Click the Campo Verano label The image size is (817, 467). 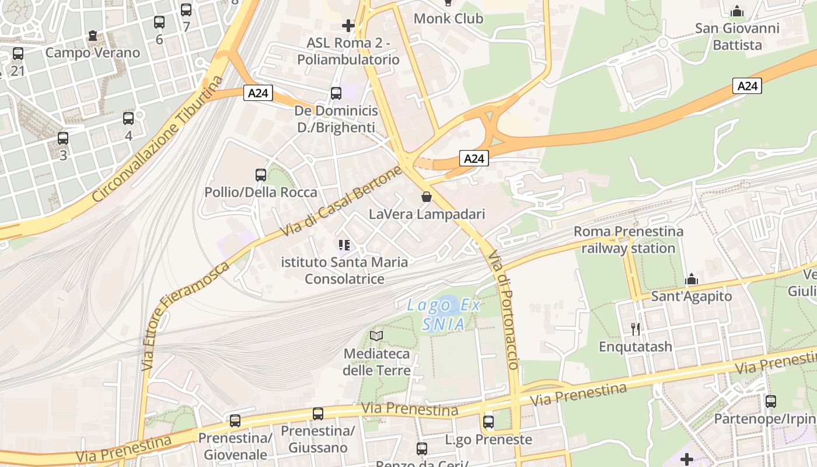(93, 53)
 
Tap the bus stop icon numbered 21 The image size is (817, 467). (18, 54)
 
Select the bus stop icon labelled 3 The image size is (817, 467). (63, 138)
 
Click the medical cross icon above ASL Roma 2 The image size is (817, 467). (348, 25)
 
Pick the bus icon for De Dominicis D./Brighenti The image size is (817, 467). (336, 93)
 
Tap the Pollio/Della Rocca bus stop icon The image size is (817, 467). (261, 175)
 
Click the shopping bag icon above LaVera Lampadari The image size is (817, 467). (427, 197)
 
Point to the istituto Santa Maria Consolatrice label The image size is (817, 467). (344, 270)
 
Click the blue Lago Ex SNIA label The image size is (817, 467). (444, 314)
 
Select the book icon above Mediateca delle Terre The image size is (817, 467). (376, 336)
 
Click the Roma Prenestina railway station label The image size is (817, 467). (628, 240)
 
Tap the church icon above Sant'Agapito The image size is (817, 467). (692, 279)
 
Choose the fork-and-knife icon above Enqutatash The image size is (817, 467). (636, 329)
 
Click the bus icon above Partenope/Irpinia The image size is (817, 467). (771, 402)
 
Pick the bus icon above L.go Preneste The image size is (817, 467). (488, 421)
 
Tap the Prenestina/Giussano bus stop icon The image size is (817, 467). (318, 414)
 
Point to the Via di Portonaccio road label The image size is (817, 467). (503, 309)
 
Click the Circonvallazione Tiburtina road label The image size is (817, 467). (158, 140)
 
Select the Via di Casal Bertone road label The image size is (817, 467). (341, 201)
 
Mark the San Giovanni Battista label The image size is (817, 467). (737, 36)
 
